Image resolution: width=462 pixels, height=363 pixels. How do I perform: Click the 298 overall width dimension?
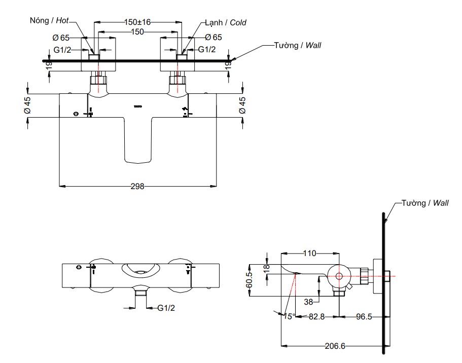137,186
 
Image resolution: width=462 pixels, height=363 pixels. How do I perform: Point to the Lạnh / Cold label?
226,23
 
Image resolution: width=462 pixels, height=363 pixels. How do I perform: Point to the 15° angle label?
289,316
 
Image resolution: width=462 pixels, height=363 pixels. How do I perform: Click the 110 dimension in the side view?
309,252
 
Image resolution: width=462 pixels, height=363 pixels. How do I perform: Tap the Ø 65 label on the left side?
61,37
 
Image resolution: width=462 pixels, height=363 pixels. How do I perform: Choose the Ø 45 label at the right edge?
242,105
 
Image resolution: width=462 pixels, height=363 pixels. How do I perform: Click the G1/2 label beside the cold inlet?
206,49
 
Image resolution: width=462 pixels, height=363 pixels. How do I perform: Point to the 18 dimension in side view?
267,268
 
